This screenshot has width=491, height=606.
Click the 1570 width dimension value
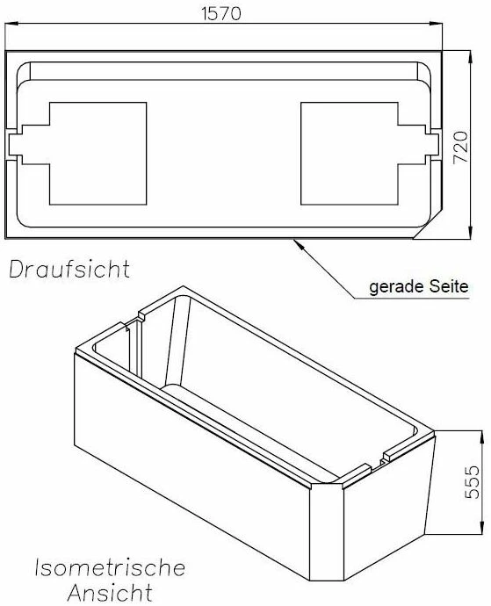point(221,13)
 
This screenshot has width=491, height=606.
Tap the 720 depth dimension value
point(460,148)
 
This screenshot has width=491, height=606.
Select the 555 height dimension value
point(472,482)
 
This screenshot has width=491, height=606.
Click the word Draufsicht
point(69,269)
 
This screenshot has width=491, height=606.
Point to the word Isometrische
point(110,568)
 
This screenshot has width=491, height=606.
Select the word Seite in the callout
point(449,287)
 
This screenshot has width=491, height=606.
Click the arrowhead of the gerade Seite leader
point(298,244)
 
